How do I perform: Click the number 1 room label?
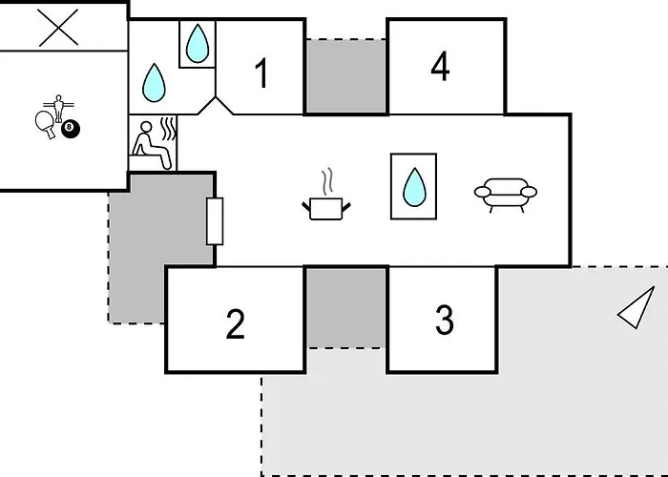262,73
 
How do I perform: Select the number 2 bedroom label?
235,324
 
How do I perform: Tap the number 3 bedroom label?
445,320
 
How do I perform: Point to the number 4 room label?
440,66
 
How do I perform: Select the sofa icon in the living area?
506,195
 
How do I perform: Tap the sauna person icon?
152,145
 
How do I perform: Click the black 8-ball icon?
71,129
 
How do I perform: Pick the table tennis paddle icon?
46,124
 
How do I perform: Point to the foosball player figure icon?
58,108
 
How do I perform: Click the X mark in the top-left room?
58,28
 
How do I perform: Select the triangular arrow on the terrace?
637,307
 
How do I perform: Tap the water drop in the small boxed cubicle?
198,44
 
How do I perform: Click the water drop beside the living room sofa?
414,187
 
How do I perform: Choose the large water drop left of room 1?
154,83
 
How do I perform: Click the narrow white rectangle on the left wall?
215,221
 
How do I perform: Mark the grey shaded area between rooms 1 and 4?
346,76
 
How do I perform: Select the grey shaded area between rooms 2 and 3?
346,308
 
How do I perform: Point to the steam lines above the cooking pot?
327,181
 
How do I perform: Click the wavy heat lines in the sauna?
169,129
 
